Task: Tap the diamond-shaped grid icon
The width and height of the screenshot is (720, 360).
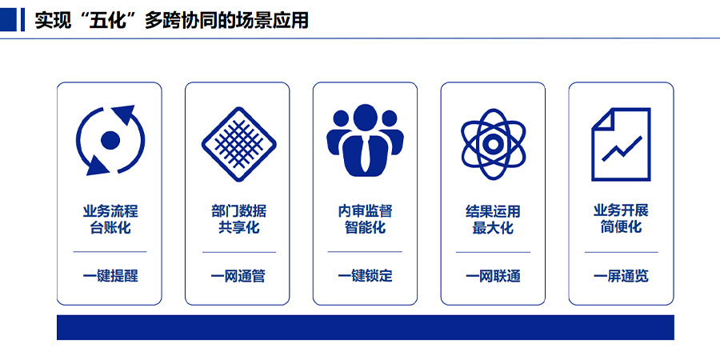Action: [238, 144]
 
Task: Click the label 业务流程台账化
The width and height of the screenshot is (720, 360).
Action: [110, 219]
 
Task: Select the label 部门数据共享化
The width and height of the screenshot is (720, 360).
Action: [238, 219]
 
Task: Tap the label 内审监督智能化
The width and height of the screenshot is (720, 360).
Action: [365, 219]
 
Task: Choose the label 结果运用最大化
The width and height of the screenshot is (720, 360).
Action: [493, 219]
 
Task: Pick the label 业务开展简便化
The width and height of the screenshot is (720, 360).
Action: [621, 219]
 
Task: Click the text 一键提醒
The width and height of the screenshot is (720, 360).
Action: [110, 277]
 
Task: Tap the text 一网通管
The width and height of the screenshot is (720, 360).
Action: [238, 277]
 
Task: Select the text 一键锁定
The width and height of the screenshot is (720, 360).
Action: [365, 277]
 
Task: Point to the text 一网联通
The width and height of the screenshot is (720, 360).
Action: [493, 277]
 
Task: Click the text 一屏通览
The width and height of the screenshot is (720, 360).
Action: [621, 277]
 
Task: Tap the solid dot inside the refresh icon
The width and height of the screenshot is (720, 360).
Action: [110, 140]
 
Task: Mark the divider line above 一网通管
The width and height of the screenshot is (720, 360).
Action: [238, 252]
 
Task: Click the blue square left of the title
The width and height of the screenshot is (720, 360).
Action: [8, 20]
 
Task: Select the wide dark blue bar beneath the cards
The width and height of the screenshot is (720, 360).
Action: [365, 327]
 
